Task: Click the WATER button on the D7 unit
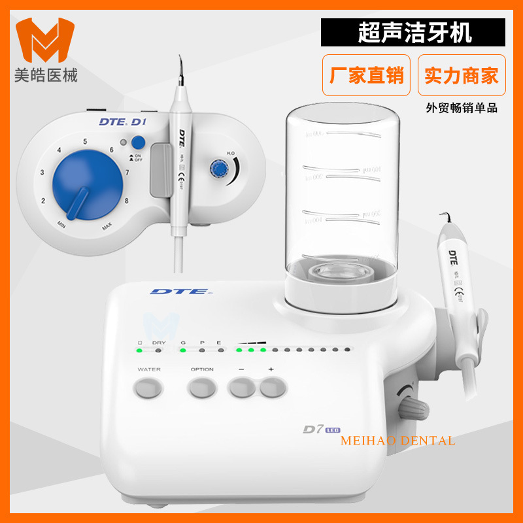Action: (148, 388)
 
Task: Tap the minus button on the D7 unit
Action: (241, 388)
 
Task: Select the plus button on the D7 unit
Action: (272, 388)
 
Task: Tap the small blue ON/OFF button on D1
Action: (137, 143)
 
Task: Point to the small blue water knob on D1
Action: (217, 169)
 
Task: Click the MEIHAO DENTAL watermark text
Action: (397, 441)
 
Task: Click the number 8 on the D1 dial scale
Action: (126, 201)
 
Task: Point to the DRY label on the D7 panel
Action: (159, 342)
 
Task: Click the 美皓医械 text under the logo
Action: (46, 76)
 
